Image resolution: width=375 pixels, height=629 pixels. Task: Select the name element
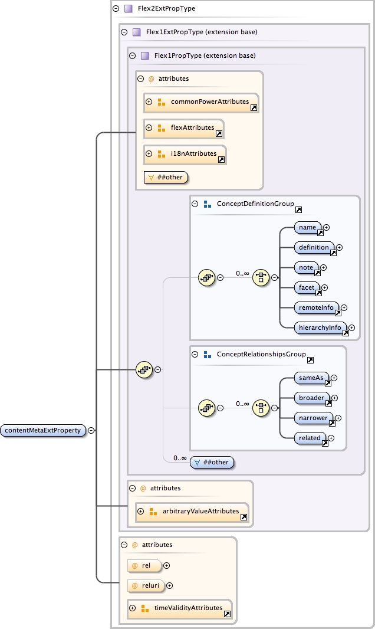308,227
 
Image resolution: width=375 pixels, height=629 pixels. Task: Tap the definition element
314,247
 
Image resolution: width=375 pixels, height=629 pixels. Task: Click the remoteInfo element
317,307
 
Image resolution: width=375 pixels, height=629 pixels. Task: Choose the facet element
307,287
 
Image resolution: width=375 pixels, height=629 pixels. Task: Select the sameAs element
311,378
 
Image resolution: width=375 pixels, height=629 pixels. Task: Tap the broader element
312,398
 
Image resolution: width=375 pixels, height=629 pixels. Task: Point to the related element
310,438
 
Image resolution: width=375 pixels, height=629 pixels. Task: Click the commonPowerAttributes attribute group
209,102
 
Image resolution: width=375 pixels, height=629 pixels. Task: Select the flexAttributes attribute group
192,128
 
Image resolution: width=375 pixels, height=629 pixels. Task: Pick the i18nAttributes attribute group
193,154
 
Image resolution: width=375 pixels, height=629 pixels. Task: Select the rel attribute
146,565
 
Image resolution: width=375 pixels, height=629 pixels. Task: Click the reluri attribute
147,585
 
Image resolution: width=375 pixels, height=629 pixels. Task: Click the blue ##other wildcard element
213,462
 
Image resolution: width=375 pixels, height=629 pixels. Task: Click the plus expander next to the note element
323,267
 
